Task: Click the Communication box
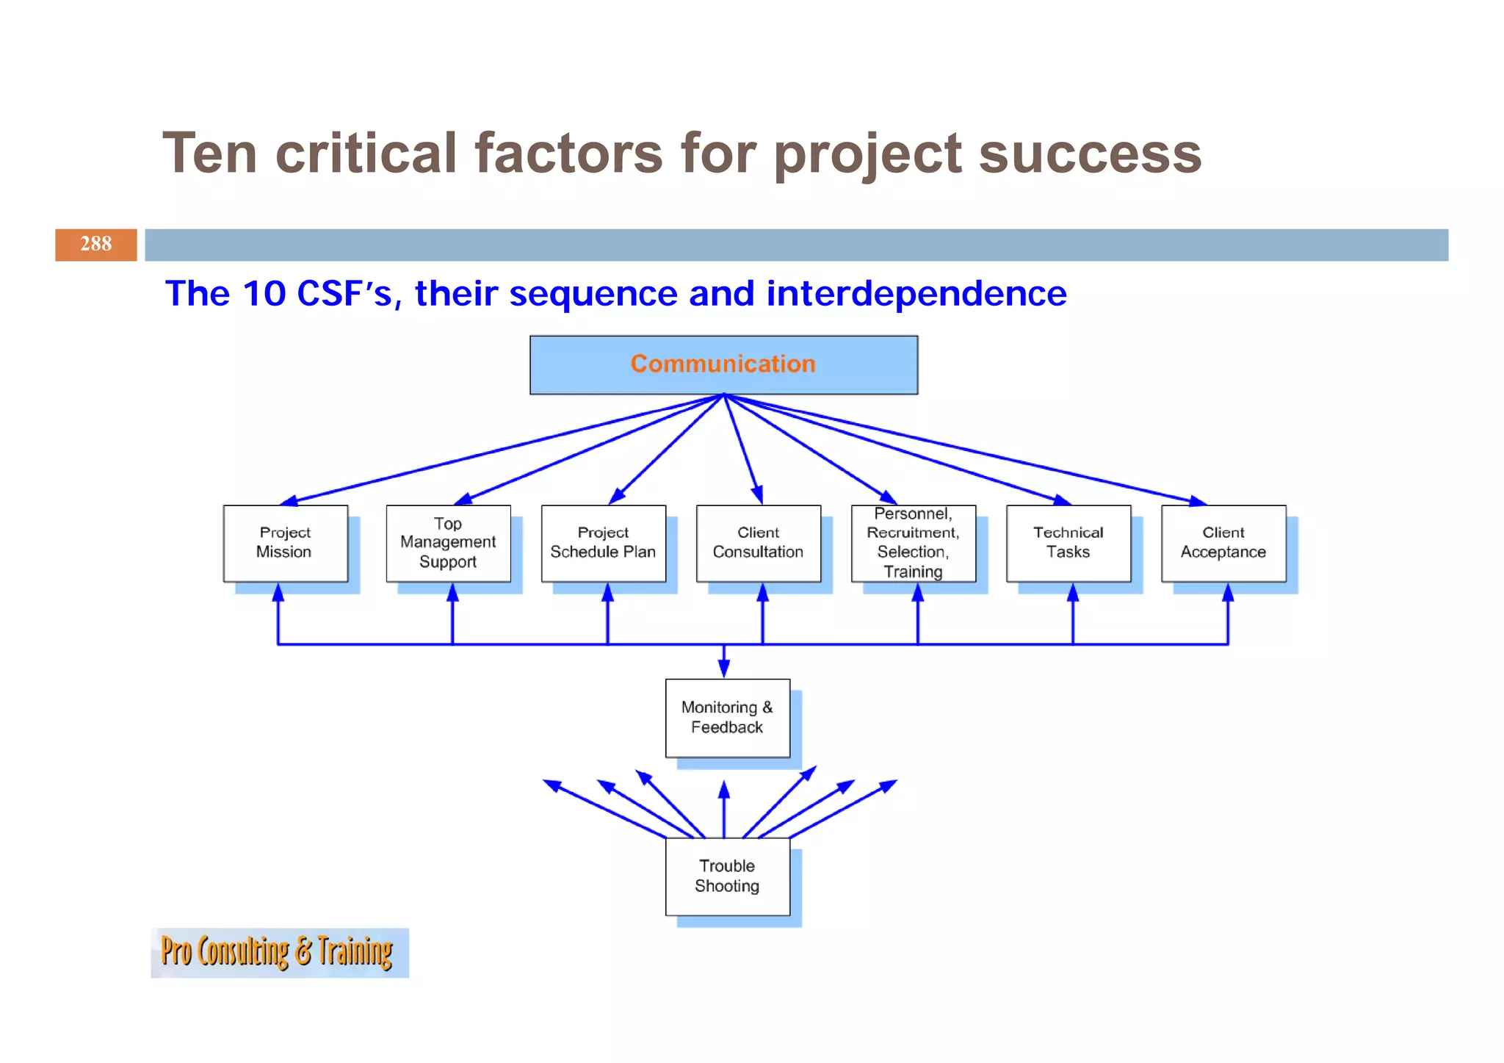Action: (723, 365)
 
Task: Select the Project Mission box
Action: (285, 543)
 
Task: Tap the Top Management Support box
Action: (448, 543)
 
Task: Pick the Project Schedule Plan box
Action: (603, 543)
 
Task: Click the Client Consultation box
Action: (758, 543)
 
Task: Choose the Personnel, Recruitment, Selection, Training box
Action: (913, 543)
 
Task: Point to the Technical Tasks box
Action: (1068, 543)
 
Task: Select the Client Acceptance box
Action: (1223, 543)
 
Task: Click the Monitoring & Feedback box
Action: (727, 718)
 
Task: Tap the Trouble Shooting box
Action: (727, 876)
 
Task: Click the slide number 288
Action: (95, 245)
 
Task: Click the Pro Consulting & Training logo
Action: (279, 953)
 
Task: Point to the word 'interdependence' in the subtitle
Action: (916, 294)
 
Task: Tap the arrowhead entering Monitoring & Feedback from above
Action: (724, 669)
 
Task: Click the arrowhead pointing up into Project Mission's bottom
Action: (278, 592)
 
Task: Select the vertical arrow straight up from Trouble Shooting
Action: (724, 808)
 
